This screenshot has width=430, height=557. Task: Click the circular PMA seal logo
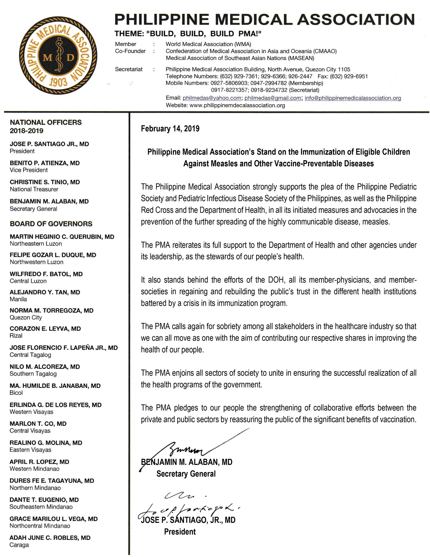click(58, 56)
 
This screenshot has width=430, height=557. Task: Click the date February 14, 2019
click(170, 128)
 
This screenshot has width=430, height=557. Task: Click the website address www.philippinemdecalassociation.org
click(237, 105)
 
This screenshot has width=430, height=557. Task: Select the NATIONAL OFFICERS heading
click(46, 122)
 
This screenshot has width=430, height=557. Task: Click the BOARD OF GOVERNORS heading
click(51, 224)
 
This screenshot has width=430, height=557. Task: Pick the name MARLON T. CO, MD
click(38, 424)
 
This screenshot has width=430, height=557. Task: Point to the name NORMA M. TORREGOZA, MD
click(51, 310)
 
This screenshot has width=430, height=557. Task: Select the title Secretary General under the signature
click(186, 474)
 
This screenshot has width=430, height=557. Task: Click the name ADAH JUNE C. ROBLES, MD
click(50, 538)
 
